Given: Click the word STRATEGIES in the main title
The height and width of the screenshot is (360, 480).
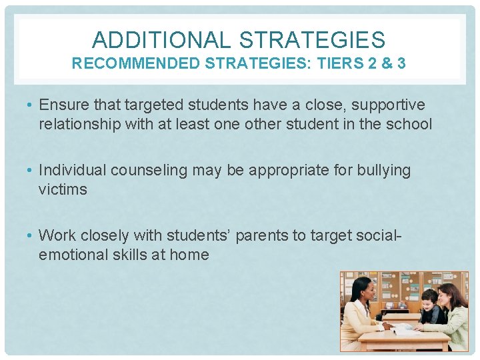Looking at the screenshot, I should (x=312, y=40).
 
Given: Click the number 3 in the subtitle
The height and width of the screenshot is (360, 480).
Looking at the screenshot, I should (x=401, y=64).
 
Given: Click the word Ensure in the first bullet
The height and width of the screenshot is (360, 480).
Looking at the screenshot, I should (x=62, y=105).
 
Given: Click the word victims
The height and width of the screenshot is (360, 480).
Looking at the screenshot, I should (x=63, y=189).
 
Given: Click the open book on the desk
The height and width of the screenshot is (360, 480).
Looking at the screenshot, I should (x=404, y=327).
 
